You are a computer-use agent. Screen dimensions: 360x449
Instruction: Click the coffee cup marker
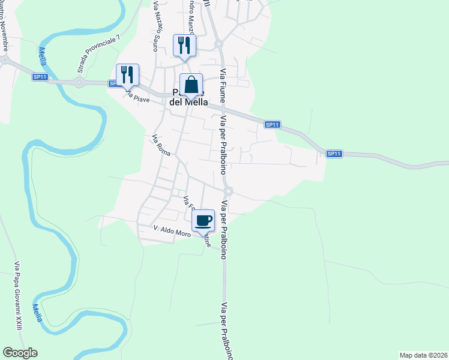click(203, 220)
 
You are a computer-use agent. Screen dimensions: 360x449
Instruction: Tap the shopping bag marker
click(191, 85)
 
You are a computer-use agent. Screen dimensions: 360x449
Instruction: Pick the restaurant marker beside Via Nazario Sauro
click(184, 46)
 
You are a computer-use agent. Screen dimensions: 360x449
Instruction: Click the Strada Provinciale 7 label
click(98, 54)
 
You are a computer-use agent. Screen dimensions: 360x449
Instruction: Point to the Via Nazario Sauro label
click(158, 26)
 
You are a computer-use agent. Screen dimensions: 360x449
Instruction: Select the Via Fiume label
click(223, 90)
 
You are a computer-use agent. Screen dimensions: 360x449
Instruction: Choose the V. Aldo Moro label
click(172, 231)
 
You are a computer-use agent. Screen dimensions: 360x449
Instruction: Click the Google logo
click(20, 353)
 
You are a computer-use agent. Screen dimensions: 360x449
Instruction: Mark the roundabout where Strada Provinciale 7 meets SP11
click(79, 83)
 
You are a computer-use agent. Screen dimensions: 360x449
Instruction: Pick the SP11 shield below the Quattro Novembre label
click(40, 77)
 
